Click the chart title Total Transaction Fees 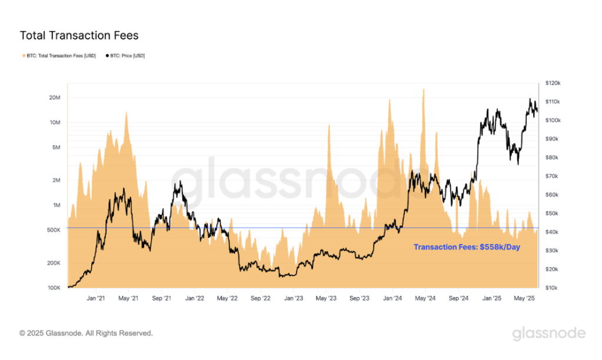[x=79, y=35]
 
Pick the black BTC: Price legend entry [x=125, y=56]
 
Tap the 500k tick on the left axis [x=54, y=230]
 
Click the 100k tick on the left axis [x=54, y=288]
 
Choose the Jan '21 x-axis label [x=95, y=299]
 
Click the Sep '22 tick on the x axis [x=260, y=299]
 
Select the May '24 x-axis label [x=425, y=299]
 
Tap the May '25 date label [x=523, y=299]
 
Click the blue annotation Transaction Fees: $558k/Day [x=467, y=247]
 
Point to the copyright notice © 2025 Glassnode [x=86, y=333]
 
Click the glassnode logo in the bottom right [x=548, y=334]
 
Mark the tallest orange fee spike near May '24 [x=423, y=90]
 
